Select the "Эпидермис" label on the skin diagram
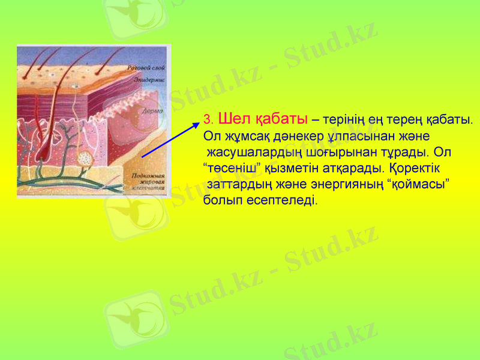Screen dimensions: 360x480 coord(148,79)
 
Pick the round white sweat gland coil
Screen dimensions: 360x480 coord(86,160)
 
